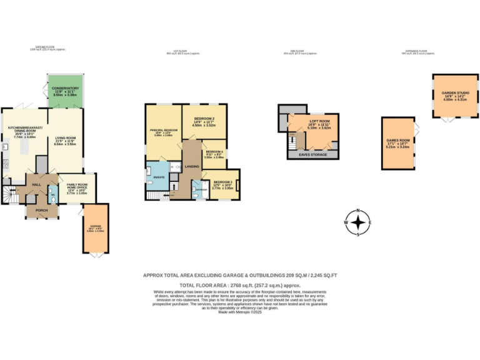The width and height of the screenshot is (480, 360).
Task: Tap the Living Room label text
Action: [x=65, y=141]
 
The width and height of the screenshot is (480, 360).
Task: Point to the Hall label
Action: [x=36, y=185]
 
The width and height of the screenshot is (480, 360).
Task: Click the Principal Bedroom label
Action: [x=163, y=132]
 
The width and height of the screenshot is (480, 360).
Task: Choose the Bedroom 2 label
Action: [x=204, y=121]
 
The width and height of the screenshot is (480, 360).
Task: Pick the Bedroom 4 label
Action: [x=214, y=154]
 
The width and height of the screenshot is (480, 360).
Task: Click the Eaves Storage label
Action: [x=313, y=154]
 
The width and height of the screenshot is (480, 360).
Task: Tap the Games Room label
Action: [x=397, y=142]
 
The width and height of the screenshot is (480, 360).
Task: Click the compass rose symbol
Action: [x=357, y=222]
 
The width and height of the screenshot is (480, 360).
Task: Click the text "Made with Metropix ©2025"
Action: [x=240, y=312]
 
